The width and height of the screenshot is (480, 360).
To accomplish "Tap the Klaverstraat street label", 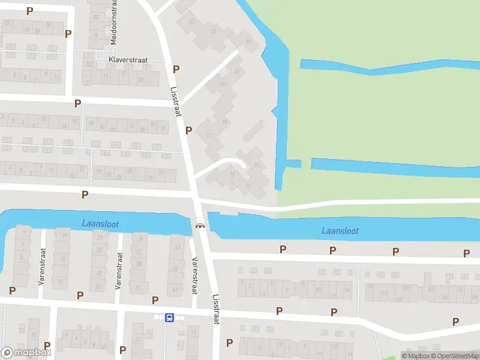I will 127,60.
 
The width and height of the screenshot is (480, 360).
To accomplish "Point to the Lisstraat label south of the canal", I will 216,310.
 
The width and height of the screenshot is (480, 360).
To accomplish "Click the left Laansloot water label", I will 100,224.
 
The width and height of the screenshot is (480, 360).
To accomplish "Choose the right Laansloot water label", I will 340,230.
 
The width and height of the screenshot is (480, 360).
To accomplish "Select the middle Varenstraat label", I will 118,270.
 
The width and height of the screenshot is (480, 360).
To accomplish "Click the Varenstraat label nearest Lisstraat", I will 194,275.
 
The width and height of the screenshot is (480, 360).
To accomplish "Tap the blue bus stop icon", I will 170,317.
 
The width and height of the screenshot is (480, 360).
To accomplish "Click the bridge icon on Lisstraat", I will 200,226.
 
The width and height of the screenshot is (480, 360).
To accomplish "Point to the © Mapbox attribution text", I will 415,356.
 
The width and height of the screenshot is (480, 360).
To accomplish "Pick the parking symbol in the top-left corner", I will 30,10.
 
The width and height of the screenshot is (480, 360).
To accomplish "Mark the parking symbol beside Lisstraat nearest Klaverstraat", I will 176,70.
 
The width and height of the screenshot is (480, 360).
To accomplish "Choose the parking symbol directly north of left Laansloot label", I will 85,194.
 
